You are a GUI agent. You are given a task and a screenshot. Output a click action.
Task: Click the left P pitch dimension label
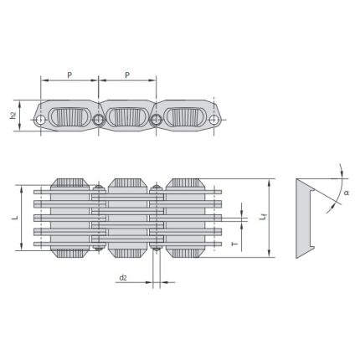(69, 75)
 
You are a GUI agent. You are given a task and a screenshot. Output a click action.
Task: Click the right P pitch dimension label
(126, 75)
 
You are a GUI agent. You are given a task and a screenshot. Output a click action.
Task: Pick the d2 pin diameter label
(123, 277)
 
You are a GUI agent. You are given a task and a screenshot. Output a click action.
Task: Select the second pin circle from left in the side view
(99, 122)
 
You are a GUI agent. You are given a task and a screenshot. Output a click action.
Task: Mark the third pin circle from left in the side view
(156, 122)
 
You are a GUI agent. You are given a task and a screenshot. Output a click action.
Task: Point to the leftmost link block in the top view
(70, 217)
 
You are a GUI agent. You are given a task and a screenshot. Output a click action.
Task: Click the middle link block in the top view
(127, 217)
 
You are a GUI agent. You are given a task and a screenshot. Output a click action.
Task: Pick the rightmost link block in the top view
(184, 217)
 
